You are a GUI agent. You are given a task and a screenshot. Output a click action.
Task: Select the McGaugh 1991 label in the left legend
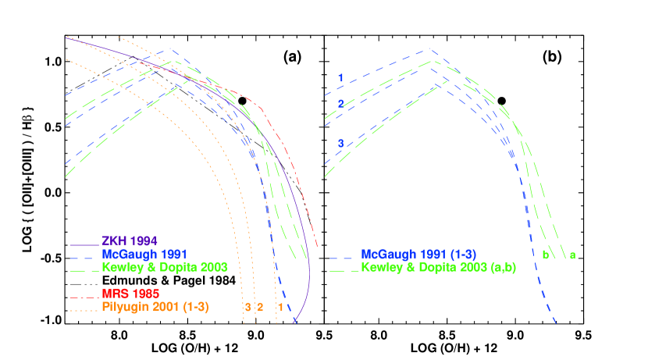pyautogui.click(x=144, y=254)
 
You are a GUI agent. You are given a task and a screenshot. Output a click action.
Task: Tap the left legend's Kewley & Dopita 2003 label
pyautogui.click(x=164, y=267)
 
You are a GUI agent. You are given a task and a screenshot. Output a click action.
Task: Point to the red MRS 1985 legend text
pyautogui.click(x=131, y=294)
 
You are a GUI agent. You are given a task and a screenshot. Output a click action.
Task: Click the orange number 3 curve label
pyautogui.click(x=247, y=307)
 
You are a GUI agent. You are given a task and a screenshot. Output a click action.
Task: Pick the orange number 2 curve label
pyautogui.click(x=260, y=307)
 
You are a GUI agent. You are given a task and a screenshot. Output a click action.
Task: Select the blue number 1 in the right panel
pyautogui.click(x=340, y=77)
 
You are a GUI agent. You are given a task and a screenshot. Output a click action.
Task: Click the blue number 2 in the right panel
pyautogui.click(x=340, y=104)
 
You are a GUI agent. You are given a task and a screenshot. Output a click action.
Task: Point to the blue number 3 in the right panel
pyautogui.click(x=340, y=143)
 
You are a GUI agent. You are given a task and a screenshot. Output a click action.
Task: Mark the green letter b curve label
pyautogui.click(x=545, y=255)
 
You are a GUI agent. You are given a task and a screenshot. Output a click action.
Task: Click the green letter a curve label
pyautogui.click(x=572, y=255)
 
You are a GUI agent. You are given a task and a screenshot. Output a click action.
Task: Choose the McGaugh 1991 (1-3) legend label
pyautogui.click(x=418, y=255)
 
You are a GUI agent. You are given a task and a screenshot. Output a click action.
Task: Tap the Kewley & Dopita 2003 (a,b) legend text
pyautogui.click(x=438, y=267)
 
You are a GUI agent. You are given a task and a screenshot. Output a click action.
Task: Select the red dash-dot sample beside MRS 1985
pyautogui.click(x=84, y=294)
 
